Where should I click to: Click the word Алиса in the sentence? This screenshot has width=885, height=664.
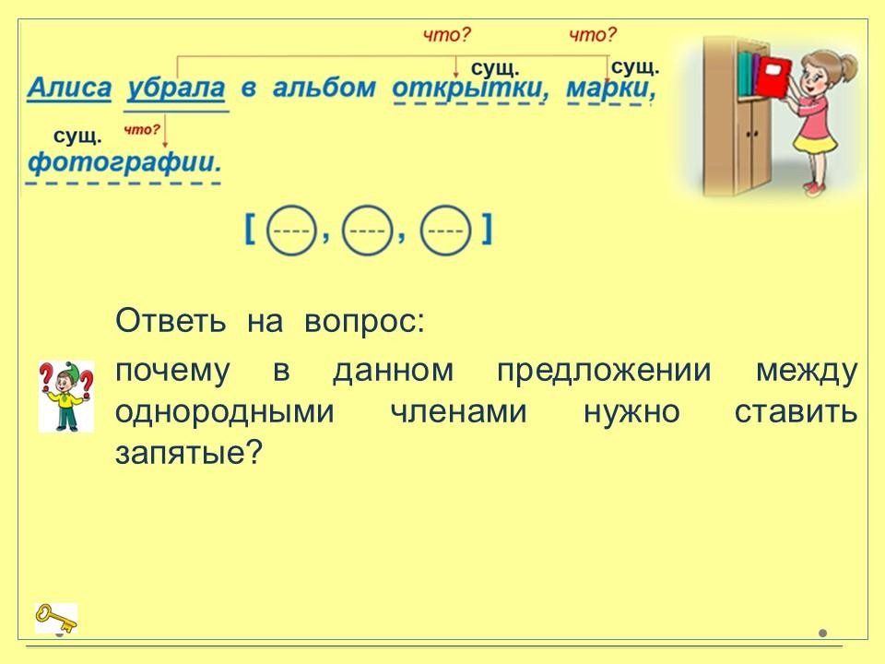pos(69,89)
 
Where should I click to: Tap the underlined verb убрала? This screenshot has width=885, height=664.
pos(176,89)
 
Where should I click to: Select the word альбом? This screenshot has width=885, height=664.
pos(324,88)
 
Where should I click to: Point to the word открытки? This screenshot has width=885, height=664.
pos(468,89)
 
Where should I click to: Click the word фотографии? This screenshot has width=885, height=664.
pos(124,162)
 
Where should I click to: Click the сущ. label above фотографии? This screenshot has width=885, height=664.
pos(77,136)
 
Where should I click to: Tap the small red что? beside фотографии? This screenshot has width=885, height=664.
pos(142,130)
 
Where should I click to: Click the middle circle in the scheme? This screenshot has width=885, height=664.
pos(367,231)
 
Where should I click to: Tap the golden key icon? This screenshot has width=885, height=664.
pos(56,618)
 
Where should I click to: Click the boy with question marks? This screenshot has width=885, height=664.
pos(66,397)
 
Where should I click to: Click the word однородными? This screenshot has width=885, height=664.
pos(225,412)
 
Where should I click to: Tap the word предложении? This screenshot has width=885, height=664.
pos(603,372)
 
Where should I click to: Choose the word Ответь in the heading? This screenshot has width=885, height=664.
pos(171,321)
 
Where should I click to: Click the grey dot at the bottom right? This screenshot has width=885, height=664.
pos(823,634)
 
